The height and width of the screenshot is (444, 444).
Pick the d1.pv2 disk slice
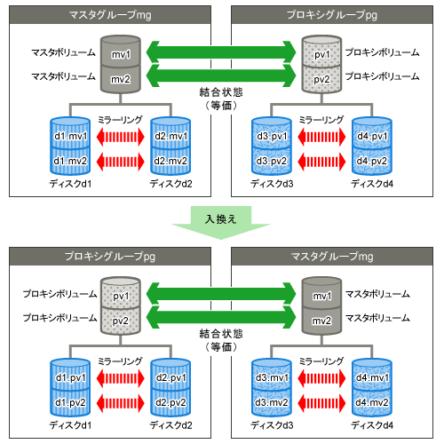click(70, 401)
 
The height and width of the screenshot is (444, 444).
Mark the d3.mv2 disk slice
click(272, 401)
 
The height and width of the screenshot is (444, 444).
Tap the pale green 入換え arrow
click(221, 222)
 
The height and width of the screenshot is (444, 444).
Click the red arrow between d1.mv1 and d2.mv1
click(121, 137)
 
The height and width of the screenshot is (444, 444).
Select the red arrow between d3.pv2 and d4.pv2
click(321, 162)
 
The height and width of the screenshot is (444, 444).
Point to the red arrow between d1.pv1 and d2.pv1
click(121, 378)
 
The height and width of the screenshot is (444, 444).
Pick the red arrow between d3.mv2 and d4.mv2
click(321, 403)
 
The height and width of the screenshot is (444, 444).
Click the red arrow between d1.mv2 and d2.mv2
click(121, 162)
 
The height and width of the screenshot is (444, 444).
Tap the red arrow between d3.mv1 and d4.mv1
click(321, 378)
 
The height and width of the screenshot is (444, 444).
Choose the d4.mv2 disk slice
click(372, 401)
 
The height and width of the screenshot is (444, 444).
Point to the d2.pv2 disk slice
click(170, 401)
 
